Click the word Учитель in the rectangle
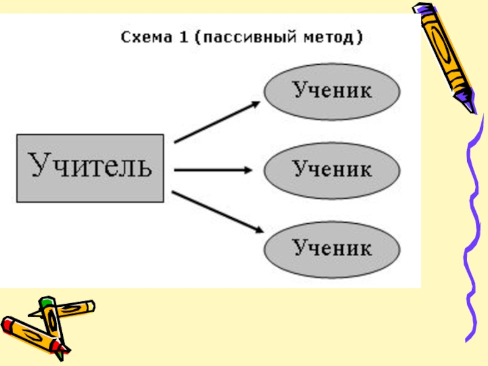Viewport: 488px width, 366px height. coord(89,167)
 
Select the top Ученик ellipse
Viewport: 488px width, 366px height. coord(332,91)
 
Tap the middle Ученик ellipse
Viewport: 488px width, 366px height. coord(332,169)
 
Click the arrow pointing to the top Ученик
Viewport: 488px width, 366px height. coord(217,122)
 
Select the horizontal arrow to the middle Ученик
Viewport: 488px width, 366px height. coord(213,170)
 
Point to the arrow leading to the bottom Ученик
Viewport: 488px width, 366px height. coord(217,211)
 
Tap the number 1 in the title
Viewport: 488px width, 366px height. coord(183,38)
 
